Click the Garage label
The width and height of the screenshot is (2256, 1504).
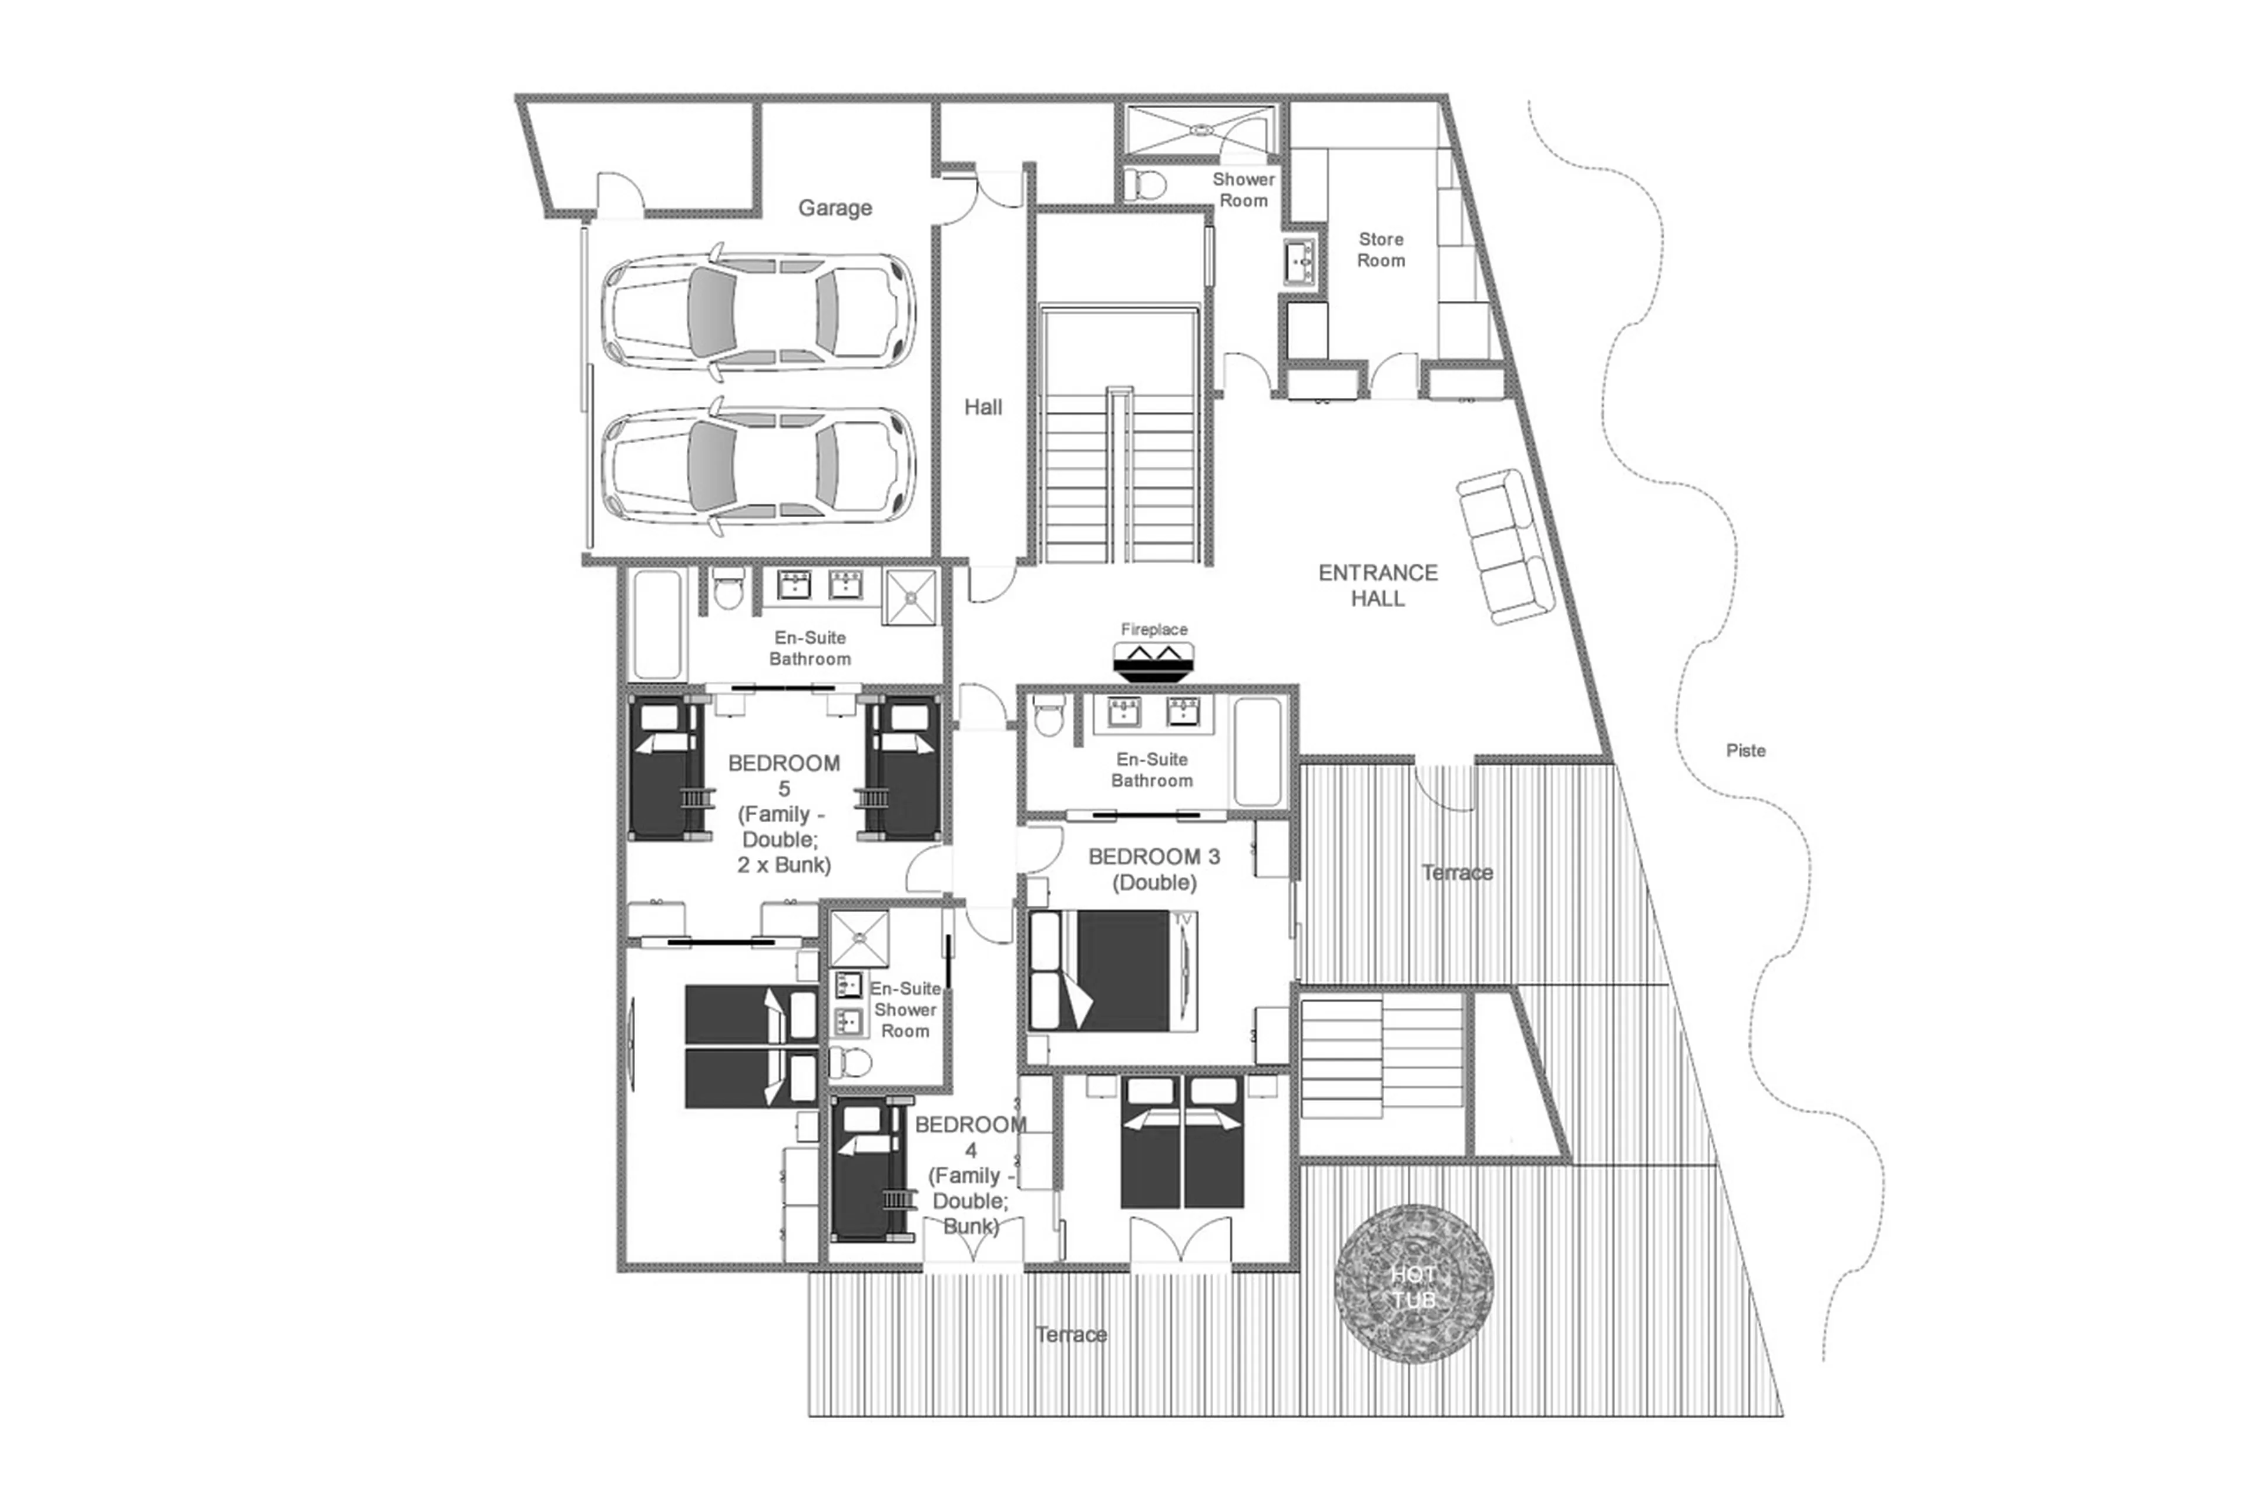834,208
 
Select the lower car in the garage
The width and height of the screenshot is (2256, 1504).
757,468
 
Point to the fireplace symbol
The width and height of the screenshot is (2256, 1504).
1153,661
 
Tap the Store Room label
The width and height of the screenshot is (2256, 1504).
1381,249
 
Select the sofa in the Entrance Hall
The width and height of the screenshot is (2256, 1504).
1505,547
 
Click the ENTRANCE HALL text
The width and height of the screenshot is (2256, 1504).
1378,585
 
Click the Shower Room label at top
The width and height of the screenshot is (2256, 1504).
1244,190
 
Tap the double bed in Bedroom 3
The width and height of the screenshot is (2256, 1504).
1112,971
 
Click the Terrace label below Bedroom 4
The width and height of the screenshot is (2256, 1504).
1071,1334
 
